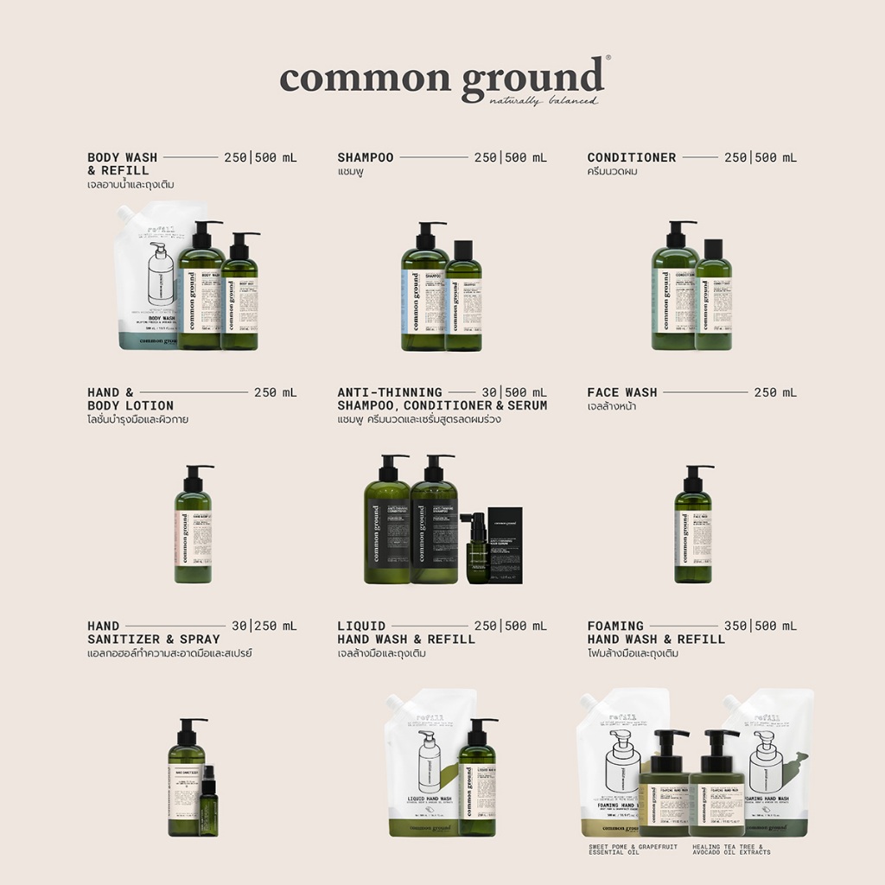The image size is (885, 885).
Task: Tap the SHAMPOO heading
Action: [365, 157]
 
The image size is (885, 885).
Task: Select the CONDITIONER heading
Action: [631, 157]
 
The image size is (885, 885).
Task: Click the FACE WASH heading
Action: [621, 392]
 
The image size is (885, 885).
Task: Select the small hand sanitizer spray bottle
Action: [208, 804]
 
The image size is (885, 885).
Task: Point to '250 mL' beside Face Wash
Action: [775, 392]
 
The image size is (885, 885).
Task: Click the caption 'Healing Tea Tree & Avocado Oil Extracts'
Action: [731, 850]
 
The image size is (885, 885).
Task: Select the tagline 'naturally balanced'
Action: [543, 101]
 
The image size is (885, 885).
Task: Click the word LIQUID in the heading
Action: [361, 626]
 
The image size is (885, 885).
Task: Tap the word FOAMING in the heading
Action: [615, 626]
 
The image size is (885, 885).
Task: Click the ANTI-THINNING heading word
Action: [389, 392]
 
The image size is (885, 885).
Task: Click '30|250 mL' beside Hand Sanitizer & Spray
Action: [264, 626]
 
